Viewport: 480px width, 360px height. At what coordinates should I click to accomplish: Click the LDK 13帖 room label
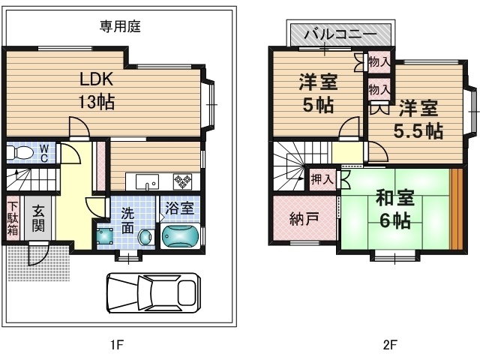[97, 91]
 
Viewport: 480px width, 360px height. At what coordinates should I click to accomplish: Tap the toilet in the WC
[20, 152]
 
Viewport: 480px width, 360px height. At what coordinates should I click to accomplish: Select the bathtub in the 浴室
[180, 235]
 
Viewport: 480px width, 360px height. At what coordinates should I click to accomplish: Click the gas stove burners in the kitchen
[182, 181]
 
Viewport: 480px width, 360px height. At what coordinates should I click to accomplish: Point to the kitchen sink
[147, 181]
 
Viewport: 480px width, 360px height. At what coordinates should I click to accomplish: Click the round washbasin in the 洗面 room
[145, 237]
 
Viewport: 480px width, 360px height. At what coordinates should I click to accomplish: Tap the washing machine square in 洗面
[105, 235]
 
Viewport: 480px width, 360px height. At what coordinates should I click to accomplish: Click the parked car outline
[154, 293]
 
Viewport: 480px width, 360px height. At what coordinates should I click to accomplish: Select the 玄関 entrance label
[38, 218]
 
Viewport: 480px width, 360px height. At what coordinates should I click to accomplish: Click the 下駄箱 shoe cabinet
[13, 218]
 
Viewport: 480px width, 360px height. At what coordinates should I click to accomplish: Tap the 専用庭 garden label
[120, 26]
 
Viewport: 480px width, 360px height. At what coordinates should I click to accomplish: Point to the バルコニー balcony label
[340, 34]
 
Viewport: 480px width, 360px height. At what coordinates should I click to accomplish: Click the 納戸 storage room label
[304, 218]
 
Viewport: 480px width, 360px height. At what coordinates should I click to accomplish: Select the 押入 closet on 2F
[322, 178]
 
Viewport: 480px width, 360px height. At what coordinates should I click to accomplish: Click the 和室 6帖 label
[395, 208]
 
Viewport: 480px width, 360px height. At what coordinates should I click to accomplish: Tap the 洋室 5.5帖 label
[418, 119]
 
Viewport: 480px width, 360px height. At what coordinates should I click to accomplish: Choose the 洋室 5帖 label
[318, 93]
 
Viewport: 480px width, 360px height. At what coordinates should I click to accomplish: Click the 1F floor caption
[117, 345]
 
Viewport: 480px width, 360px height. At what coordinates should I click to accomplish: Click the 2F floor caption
[390, 345]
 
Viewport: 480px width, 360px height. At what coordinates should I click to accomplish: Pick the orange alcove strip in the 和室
[456, 209]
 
